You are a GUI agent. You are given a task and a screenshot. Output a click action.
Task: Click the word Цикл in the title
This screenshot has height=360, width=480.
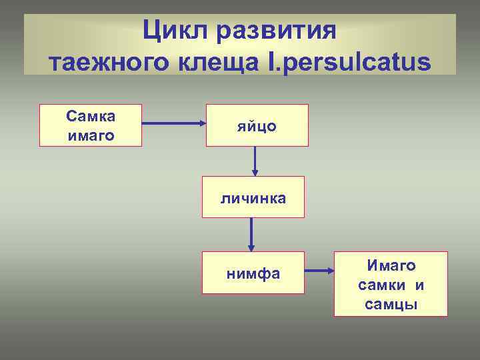(x=175, y=30)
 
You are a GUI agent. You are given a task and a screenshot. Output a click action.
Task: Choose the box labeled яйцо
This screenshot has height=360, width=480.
(x=257, y=125)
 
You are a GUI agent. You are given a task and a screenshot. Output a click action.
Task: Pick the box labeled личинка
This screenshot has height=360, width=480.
(x=253, y=197)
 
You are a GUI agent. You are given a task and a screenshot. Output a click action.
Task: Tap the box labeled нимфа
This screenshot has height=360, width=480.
(x=253, y=273)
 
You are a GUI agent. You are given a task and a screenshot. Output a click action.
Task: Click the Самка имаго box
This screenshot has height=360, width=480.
(x=91, y=125)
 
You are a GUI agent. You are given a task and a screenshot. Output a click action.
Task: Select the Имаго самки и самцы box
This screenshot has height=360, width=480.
(x=391, y=284)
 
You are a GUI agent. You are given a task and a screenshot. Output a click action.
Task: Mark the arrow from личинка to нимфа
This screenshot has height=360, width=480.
(x=251, y=234)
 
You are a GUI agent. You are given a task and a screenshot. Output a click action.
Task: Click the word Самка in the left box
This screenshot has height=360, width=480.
(x=91, y=116)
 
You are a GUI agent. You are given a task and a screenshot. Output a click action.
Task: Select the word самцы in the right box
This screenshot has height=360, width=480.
(x=391, y=305)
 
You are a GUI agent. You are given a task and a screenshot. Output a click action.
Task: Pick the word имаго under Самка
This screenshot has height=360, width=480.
(x=91, y=135)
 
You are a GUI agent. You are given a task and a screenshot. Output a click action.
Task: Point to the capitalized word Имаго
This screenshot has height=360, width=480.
(x=391, y=265)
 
